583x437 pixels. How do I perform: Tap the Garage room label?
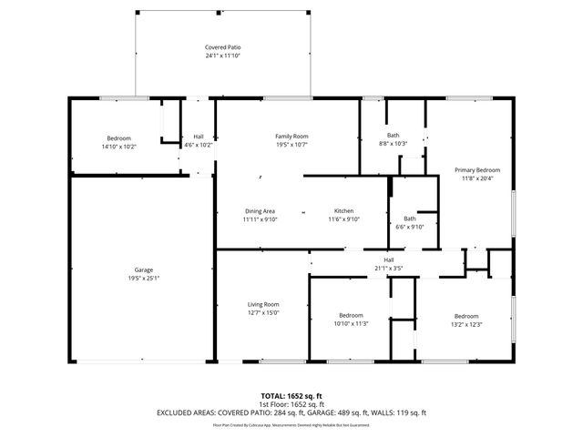click(143, 270)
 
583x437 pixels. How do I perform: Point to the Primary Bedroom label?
click(477, 170)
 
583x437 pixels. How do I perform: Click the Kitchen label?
click(343, 211)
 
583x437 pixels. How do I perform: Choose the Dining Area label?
click(260, 211)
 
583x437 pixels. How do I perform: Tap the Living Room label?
click(263, 304)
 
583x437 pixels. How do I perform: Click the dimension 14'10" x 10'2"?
click(118, 146)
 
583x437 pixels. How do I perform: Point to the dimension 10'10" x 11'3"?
click(351, 324)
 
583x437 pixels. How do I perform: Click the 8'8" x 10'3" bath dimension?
click(393, 144)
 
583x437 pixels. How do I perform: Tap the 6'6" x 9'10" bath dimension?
click(410, 227)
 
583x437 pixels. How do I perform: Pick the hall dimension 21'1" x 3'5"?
click(388, 269)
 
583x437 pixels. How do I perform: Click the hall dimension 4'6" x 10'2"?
click(198, 145)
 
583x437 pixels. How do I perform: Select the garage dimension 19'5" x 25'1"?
click(143, 279)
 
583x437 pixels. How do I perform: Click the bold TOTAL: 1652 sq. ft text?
click(291, 396)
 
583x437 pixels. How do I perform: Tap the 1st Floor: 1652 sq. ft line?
click(291, 404)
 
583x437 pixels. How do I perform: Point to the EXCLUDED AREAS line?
click(291, 412)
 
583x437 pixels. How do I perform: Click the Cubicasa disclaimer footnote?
click(291, 424)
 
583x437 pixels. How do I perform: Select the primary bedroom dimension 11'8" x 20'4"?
click(477, 178)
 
